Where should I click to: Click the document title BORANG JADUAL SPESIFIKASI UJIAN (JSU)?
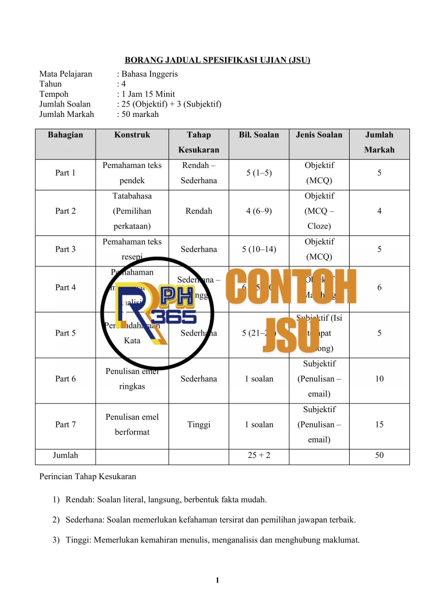[x=217, y=60]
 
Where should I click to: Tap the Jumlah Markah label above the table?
[x=66, y=114]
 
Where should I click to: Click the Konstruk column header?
[x=132, y=135]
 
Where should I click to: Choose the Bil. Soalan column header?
[x=259, y=135]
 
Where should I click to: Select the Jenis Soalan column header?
[x=319, y=135]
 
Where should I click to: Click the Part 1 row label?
[x=65, y=173]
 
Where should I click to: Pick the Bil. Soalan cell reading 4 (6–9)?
[x=259, y=211]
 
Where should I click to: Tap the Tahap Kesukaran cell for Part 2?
[x=198, y=211]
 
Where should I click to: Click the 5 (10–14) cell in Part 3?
[x=259, y=249]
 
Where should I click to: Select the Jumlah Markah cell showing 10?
[x=379, y=378]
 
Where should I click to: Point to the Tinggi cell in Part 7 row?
[x=198, y=424]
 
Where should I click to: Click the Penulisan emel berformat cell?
[x=132, y=424]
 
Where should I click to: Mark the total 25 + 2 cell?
[x=259, y=455]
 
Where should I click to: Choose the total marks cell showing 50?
[x=379, y=455]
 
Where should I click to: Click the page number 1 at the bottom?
[x=217, y=581]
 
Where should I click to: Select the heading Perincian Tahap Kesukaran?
[x=88, y=477]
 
